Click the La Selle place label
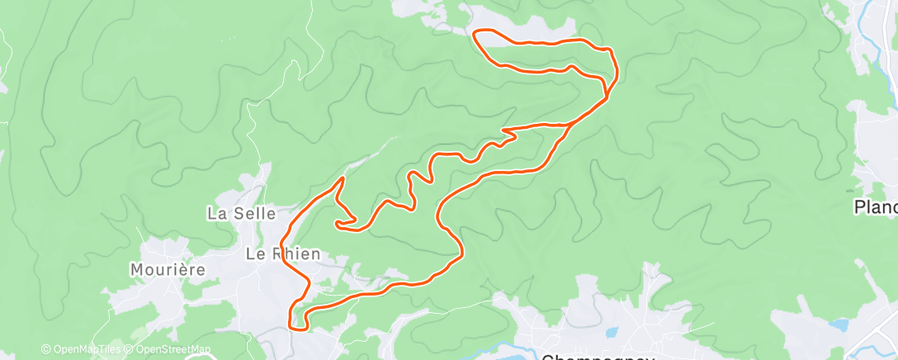(241, 213)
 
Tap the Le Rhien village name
(282, 254)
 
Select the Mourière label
(168, 269)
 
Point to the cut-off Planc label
(876, 206)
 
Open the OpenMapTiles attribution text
(85, 349)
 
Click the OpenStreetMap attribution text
(173, 349)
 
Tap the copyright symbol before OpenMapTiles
(45, 349)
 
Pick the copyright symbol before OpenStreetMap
(130, 349)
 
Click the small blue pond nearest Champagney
(611, 334)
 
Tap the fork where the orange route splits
(570, 124)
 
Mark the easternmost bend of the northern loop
(616, 70)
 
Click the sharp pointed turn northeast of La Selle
(343, 178)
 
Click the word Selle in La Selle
(253, 213)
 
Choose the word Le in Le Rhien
(254, 254)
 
